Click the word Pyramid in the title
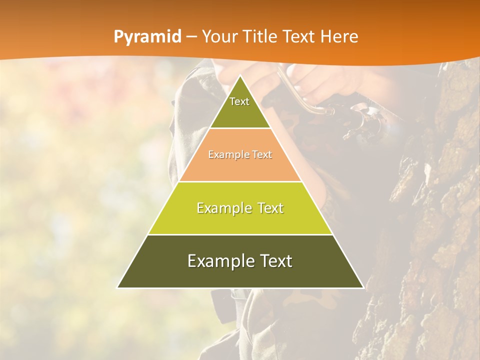click(x=147, y=37)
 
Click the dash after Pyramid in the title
click(x=192, y=37)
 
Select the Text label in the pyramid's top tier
click(x=239, y=101)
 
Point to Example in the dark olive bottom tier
click(x=216, y=261)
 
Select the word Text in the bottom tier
click(x=273, y=261)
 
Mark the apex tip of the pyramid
click(x=240, y=76)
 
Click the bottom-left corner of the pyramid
click(x=118, y=287)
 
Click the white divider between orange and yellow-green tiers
click(x=240, y=181)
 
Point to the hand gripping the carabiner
click(x=320, y=80)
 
